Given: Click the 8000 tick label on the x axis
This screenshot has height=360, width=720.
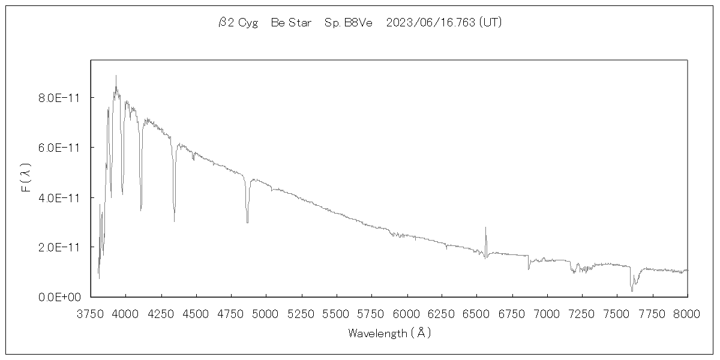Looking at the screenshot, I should pos(687,313).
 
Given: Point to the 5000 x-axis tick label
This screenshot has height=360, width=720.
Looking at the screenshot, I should pos(266,313).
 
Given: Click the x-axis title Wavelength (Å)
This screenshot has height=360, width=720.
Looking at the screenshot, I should pos(389,333).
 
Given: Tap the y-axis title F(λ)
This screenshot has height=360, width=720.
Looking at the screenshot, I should pos(26,178).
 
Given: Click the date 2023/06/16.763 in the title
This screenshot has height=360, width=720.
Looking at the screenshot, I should pos(429,23).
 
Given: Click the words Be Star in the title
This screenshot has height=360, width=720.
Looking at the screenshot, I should pos(291,23).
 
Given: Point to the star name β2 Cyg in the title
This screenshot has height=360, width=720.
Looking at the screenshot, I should pos(238,23).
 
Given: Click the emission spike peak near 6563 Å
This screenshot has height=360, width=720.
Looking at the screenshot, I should pos(485,227).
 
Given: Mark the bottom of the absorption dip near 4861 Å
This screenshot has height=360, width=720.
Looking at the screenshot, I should pos(247,223).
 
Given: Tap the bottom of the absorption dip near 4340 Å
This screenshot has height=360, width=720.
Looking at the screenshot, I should pos(174,221).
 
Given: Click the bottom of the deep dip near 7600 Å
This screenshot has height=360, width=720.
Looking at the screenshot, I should pos(632,291).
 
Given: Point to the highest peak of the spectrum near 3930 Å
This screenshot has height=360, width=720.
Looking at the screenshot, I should pos(116,76).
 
